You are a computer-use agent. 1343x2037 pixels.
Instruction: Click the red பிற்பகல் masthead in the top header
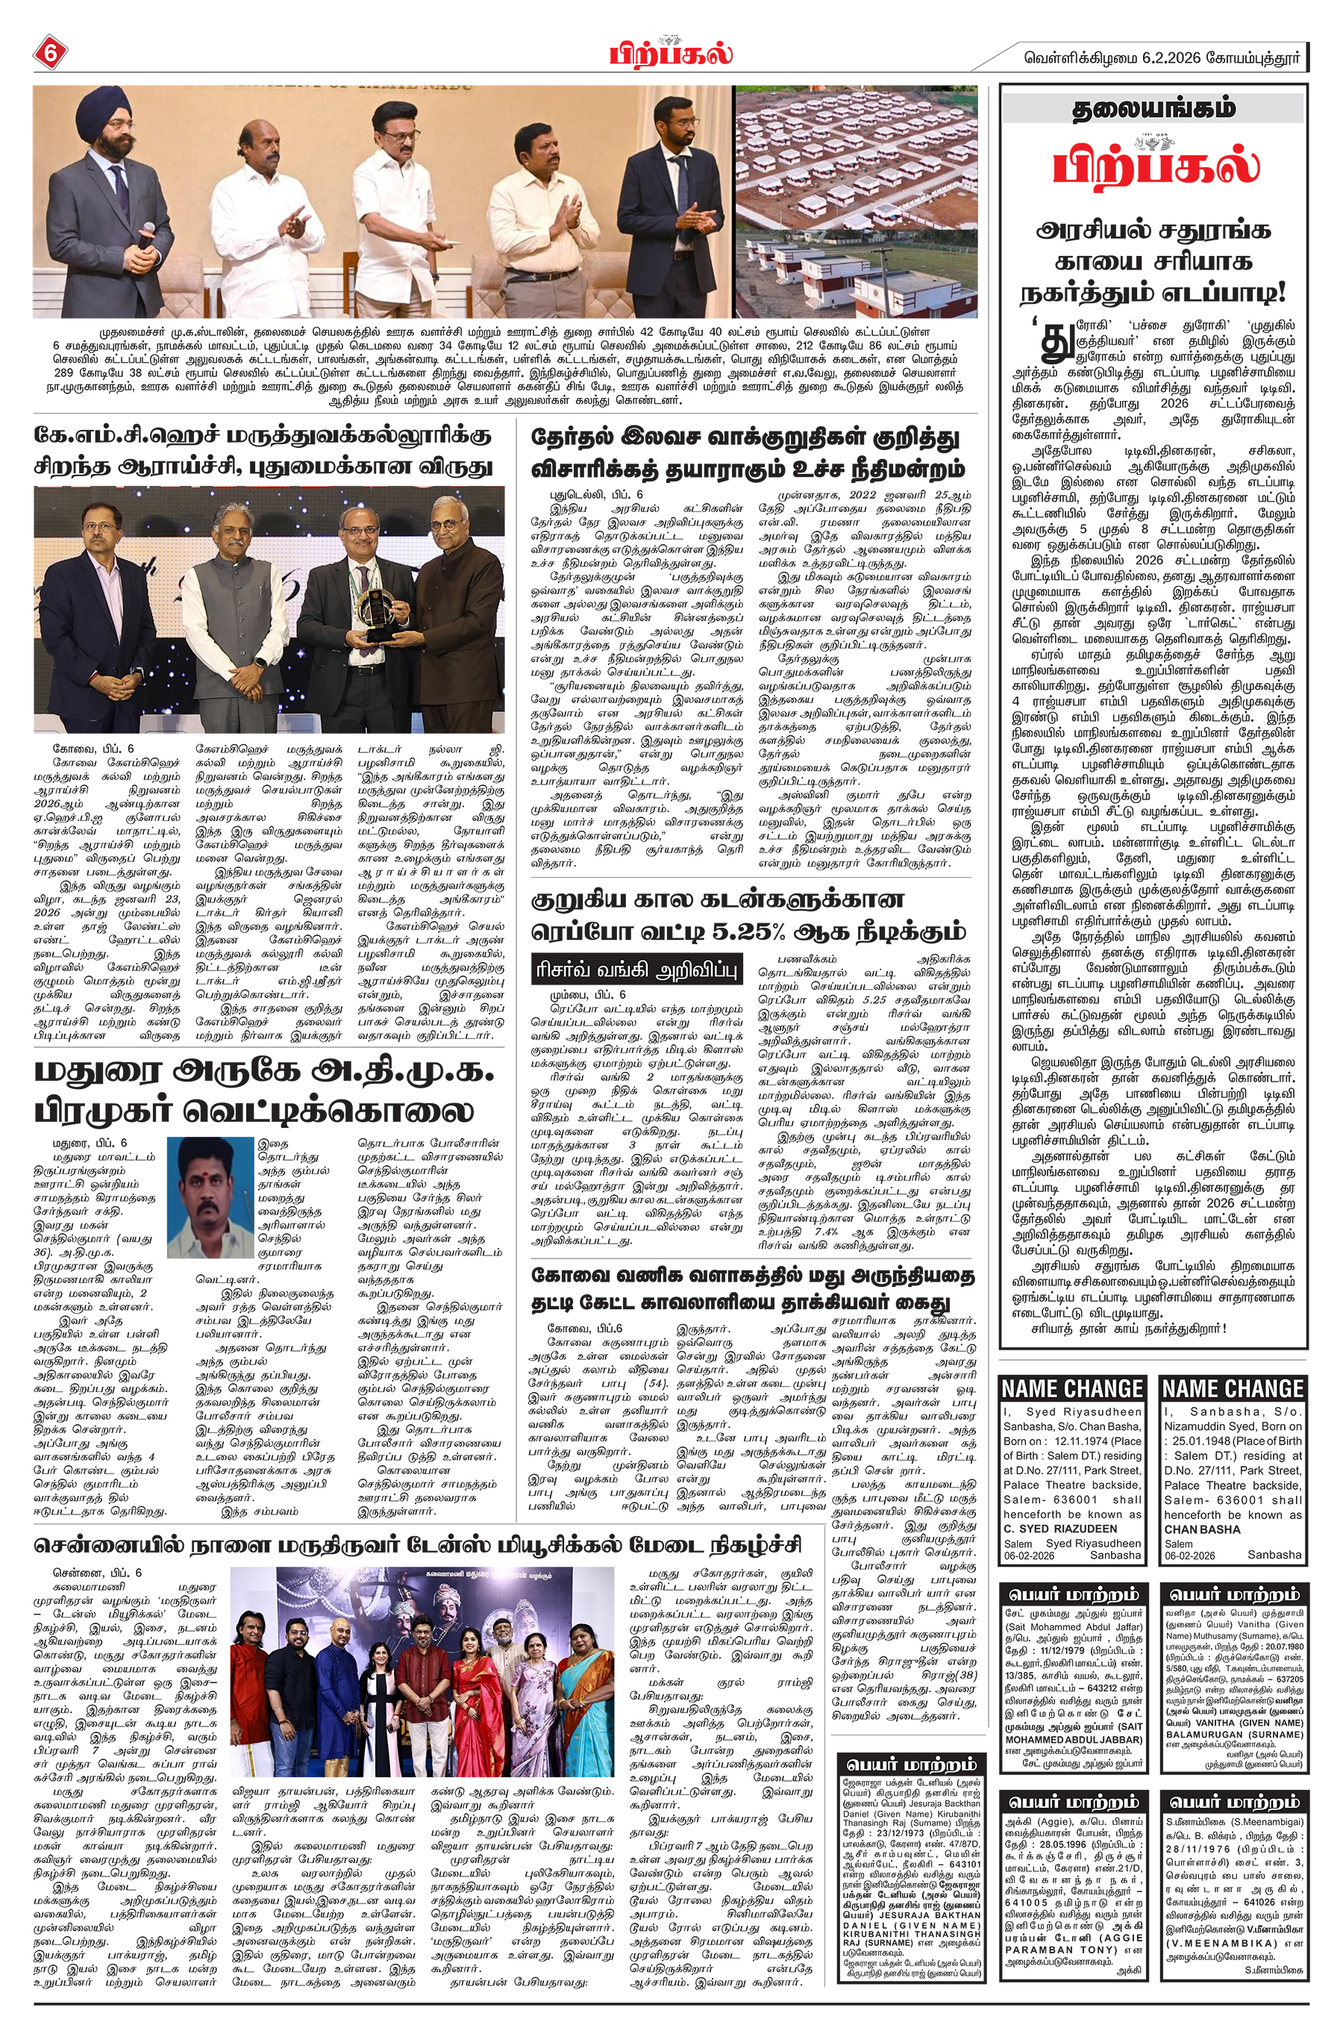pos(671,52)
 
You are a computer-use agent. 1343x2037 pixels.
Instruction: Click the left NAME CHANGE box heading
pos(1072,1388)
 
